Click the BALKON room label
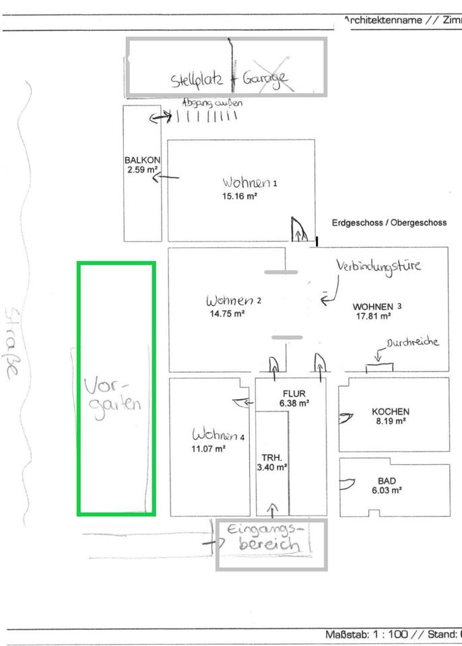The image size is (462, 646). (141, 160)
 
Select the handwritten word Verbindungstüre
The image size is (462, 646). (379, 265)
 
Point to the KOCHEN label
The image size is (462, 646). (391, 411)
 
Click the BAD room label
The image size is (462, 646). (387, 481)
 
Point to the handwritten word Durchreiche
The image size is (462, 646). (412, 342)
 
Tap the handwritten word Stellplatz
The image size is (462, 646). (199, 80)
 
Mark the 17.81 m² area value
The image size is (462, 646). (374, 316)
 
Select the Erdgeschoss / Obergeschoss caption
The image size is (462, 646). (389, 223)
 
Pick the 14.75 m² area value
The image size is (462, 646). (226, 312)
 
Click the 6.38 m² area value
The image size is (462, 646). (294, 404)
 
